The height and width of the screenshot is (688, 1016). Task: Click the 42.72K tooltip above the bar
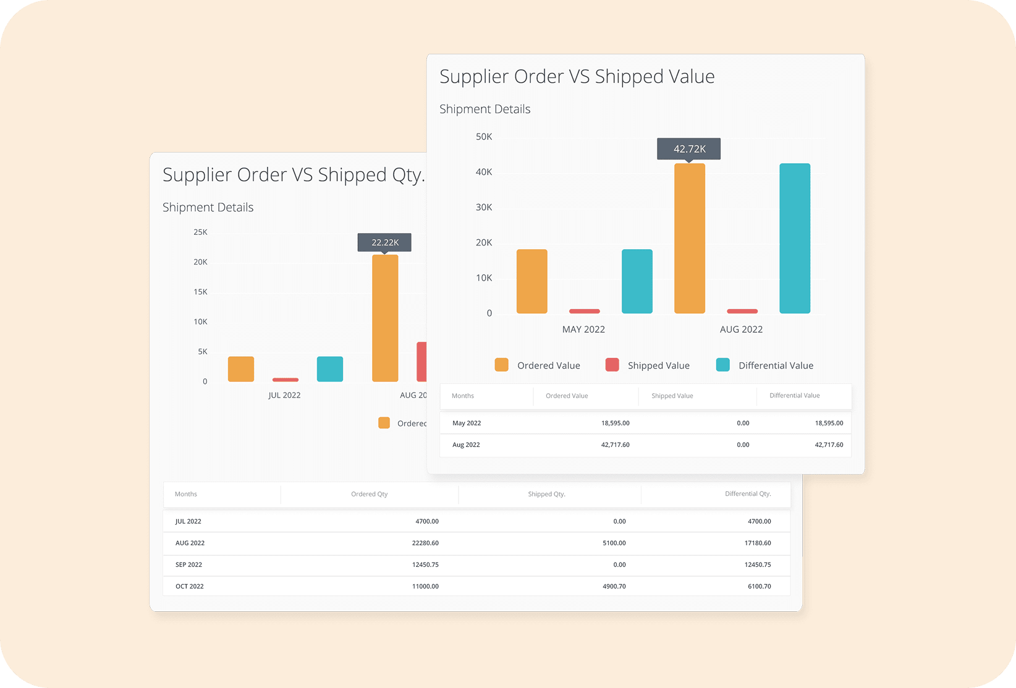point(689,149)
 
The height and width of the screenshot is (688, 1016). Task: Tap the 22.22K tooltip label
point(384,242)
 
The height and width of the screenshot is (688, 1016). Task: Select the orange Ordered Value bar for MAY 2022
point(531,281)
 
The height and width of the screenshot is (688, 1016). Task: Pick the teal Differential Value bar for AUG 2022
point(794,238)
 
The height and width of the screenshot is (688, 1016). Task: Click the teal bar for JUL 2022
point(329,369)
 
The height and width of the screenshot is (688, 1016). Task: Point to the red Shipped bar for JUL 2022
point(285,380)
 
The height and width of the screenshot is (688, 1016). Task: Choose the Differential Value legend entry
point(775,365)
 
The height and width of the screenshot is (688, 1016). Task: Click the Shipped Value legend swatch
point(612,365)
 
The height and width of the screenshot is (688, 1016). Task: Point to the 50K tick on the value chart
point(484,137)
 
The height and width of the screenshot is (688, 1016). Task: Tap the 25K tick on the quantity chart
point(200,232)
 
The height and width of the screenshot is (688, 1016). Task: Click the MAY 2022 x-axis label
point(583,329)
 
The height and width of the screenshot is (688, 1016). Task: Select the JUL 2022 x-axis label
point(284,395)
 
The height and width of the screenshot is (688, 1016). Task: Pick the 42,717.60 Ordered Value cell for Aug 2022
point(615,444)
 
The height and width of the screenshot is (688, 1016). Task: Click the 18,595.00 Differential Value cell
point(829,423)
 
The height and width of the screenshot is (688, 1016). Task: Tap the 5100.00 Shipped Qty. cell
point(614,543)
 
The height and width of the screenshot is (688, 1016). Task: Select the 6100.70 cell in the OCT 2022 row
point(759,586)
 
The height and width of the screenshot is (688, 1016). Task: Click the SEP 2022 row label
point(188,564)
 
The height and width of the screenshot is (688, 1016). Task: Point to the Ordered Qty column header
point(369,494)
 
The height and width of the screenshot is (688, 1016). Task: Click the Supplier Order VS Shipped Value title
point(577,77)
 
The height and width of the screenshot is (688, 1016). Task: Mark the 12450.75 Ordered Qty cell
point(425,564)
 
